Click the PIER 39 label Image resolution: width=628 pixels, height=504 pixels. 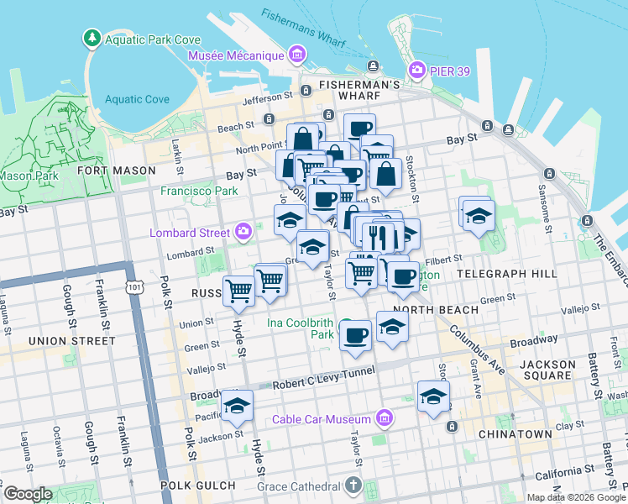(x=451, y=71)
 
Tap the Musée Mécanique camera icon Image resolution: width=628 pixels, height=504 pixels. (x=296, y=55)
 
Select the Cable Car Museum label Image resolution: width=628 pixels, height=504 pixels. (x=321, y=419)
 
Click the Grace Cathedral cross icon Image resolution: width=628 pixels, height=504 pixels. (x=353, y=486)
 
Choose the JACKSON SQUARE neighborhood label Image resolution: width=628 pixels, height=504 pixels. (x=547, y=371)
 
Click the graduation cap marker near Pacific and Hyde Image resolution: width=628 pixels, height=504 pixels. (x=238, y=406)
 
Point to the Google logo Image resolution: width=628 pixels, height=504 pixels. (x=28, y=494)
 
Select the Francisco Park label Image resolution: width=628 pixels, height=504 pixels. (x=200, y=191)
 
